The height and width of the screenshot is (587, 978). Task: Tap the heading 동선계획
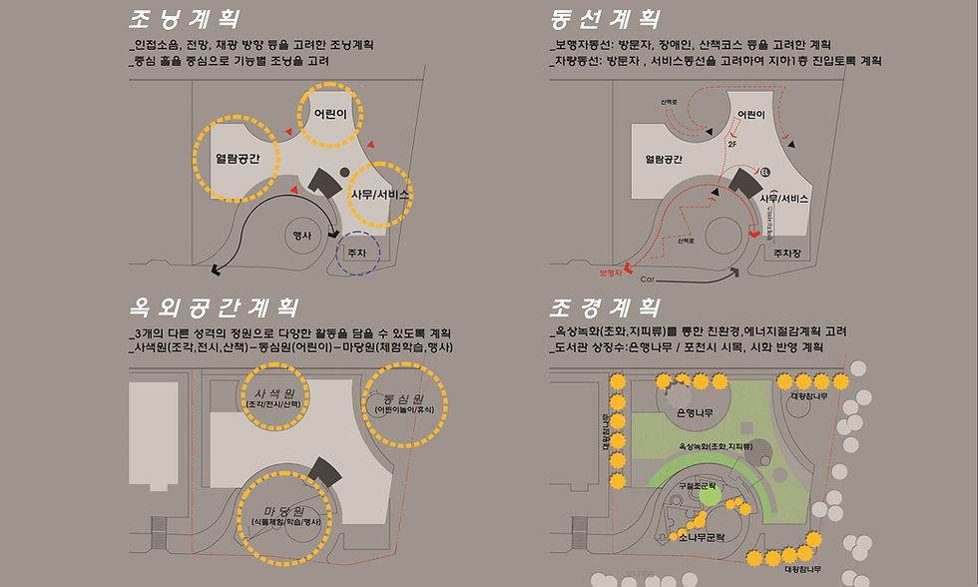click(605, 20)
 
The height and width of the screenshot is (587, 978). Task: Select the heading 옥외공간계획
click(214, 306)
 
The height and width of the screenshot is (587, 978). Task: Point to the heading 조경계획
click(605, 306)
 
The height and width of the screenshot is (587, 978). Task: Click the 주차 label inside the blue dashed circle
click(357, 254)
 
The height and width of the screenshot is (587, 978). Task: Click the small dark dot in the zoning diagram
click(344, 172)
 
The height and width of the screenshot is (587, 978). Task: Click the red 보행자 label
click(610, 272)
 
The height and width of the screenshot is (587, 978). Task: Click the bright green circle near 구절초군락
click(709, 494)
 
